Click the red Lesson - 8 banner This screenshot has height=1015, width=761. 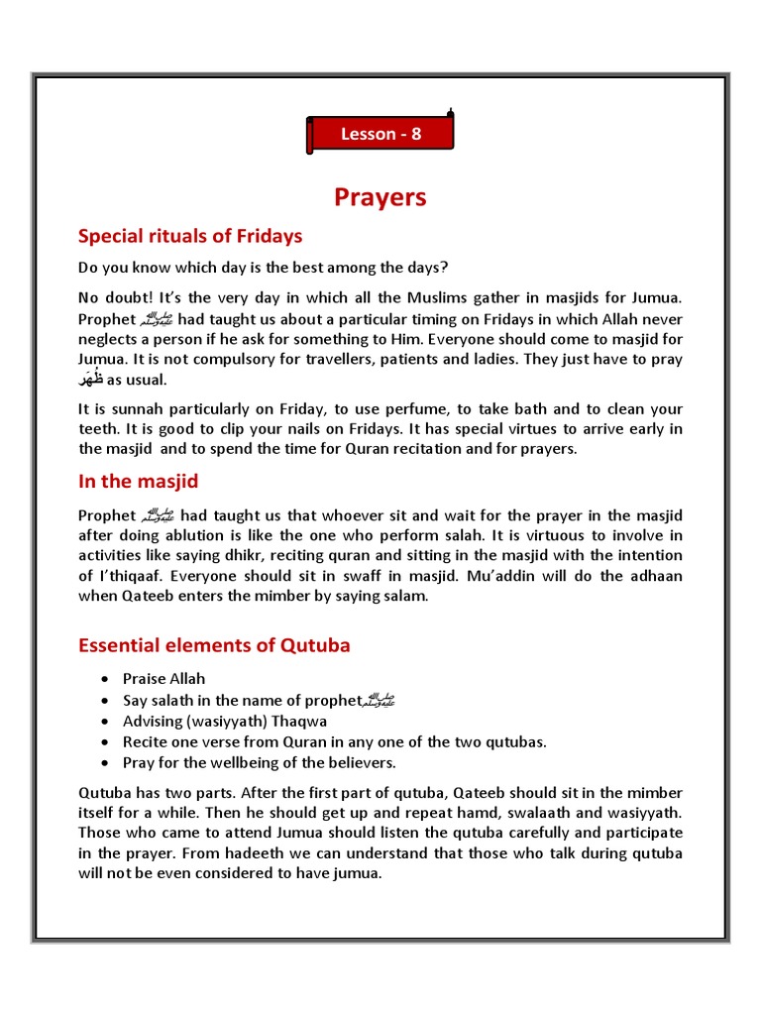pos(381,134)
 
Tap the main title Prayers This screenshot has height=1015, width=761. pos(380,197)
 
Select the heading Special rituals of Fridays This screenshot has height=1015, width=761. pos(190,236)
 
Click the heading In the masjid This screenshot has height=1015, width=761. pos(138,482)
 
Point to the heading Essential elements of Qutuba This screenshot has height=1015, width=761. pos(214,646)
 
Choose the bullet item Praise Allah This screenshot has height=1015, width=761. pos(164,679)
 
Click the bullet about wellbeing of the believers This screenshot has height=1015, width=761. pos(260,762)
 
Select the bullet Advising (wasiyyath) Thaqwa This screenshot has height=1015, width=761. pos(225,721)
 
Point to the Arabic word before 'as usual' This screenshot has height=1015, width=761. pos(91,381)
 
